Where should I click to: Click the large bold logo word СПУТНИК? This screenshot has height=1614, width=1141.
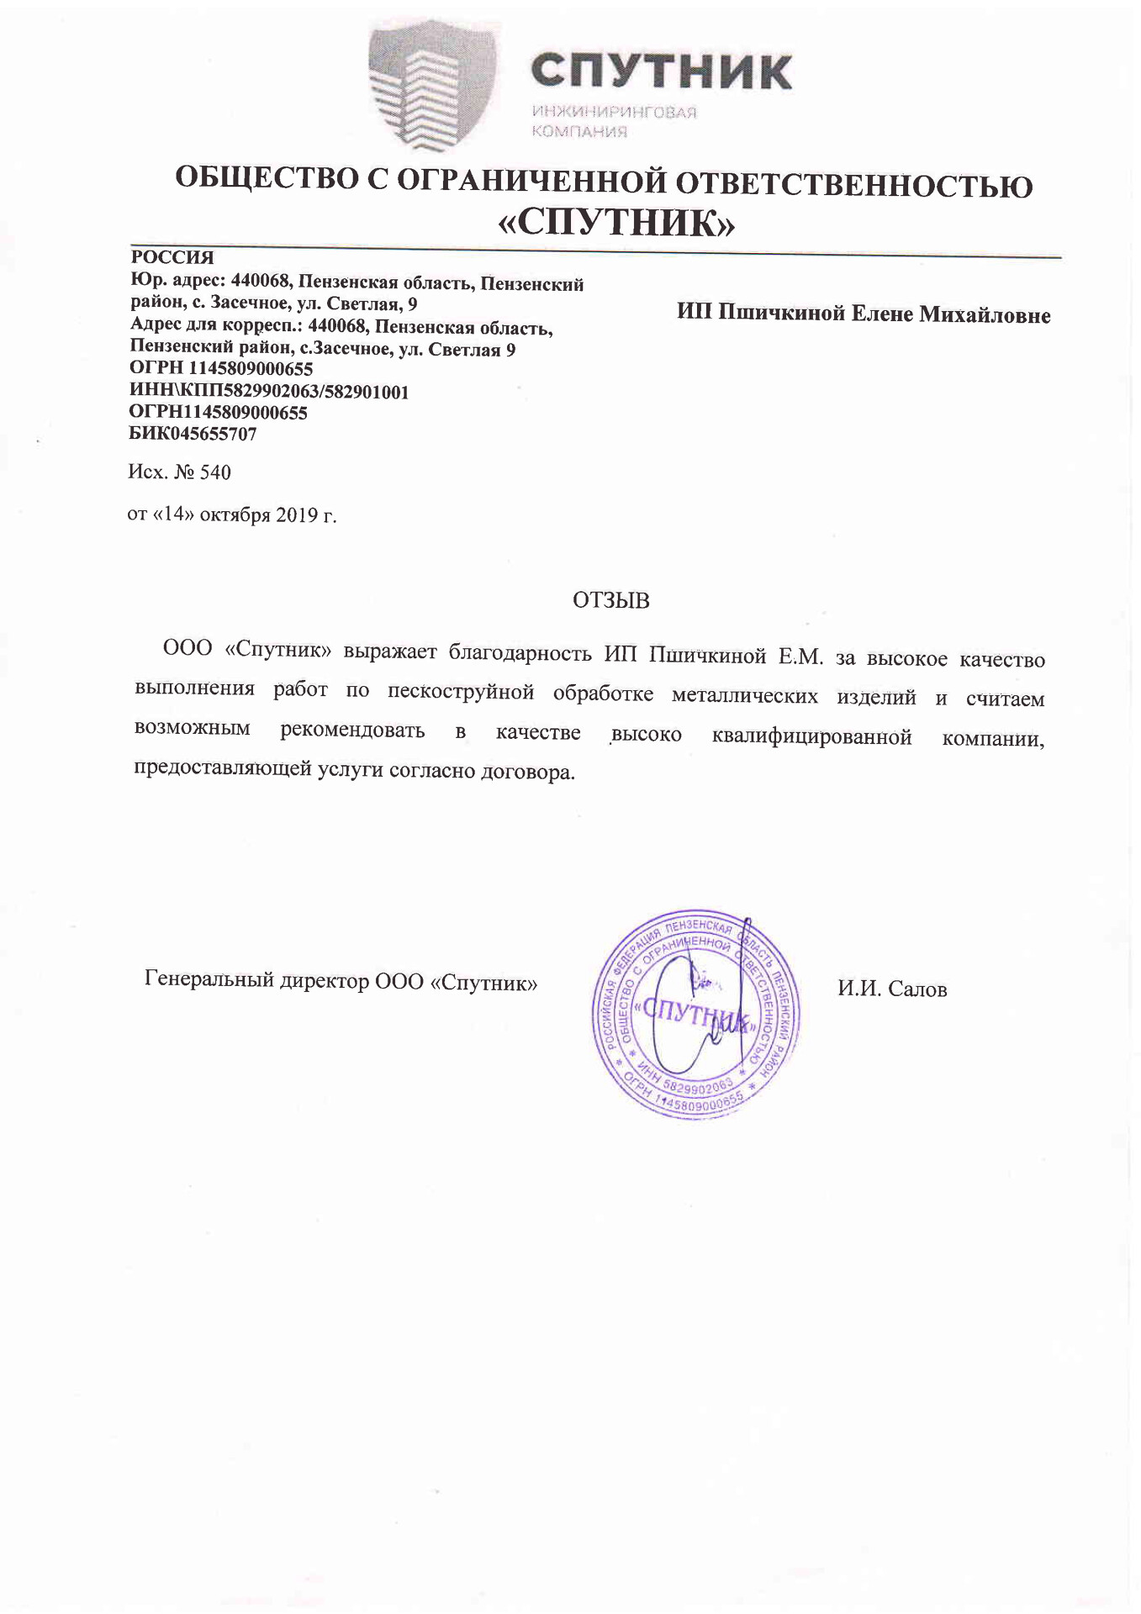(x=661, y=71)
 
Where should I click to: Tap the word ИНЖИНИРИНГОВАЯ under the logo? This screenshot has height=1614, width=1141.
(x=614, y=113)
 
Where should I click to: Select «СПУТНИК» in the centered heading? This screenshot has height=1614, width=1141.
(x=617, y=224)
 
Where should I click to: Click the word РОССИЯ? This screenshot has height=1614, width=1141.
(x=172, y=257)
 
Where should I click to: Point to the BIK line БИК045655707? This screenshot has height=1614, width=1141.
(x=193, y=435)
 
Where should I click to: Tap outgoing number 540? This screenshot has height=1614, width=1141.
(x=215, y=472)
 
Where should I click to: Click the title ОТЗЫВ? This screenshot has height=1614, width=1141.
(x=611, y=600)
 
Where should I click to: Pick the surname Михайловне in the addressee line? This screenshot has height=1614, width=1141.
(x=985, y=315)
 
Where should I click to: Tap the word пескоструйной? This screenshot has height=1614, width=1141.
(x=461, y=692)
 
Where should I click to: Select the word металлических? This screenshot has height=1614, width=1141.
(x=744, y=695)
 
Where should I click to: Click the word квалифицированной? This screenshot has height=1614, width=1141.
(x=811, y=737)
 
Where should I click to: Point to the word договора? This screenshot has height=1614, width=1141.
(x=527, y=772)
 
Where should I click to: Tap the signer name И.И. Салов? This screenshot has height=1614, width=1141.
(x=892, y=989)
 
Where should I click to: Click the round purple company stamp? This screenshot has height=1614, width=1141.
(x=695, y=1015)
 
